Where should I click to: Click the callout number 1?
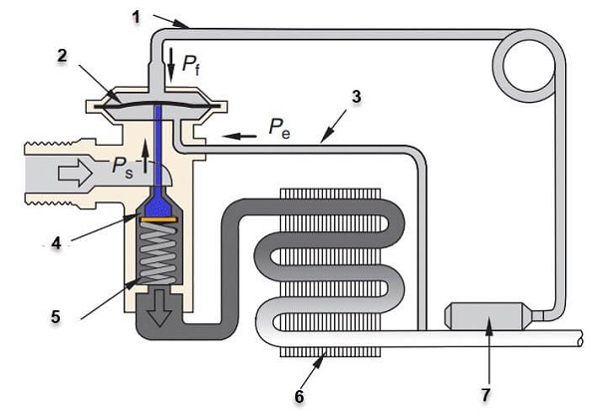[136, 17]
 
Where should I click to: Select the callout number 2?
[62, 56]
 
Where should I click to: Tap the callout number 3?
[356, 97]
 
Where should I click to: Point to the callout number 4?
[56, 242]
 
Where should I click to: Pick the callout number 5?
[56, 316]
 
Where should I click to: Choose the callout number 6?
[299, 396]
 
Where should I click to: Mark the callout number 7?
[485, 395]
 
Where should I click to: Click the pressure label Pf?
[190, 64]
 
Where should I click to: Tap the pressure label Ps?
[123, 168]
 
